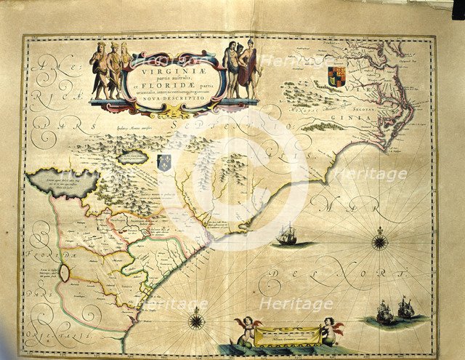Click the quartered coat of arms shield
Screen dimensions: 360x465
click(x=336, y=76)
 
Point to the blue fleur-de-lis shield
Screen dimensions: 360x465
click(x=165, y=161)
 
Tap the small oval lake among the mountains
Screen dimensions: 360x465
click(x=133, y=156)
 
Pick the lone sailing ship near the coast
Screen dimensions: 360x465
click(x=288, y=233)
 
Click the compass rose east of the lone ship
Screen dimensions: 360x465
click(x=380, y=239)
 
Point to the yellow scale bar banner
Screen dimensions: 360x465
click(x=287, y=335)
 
